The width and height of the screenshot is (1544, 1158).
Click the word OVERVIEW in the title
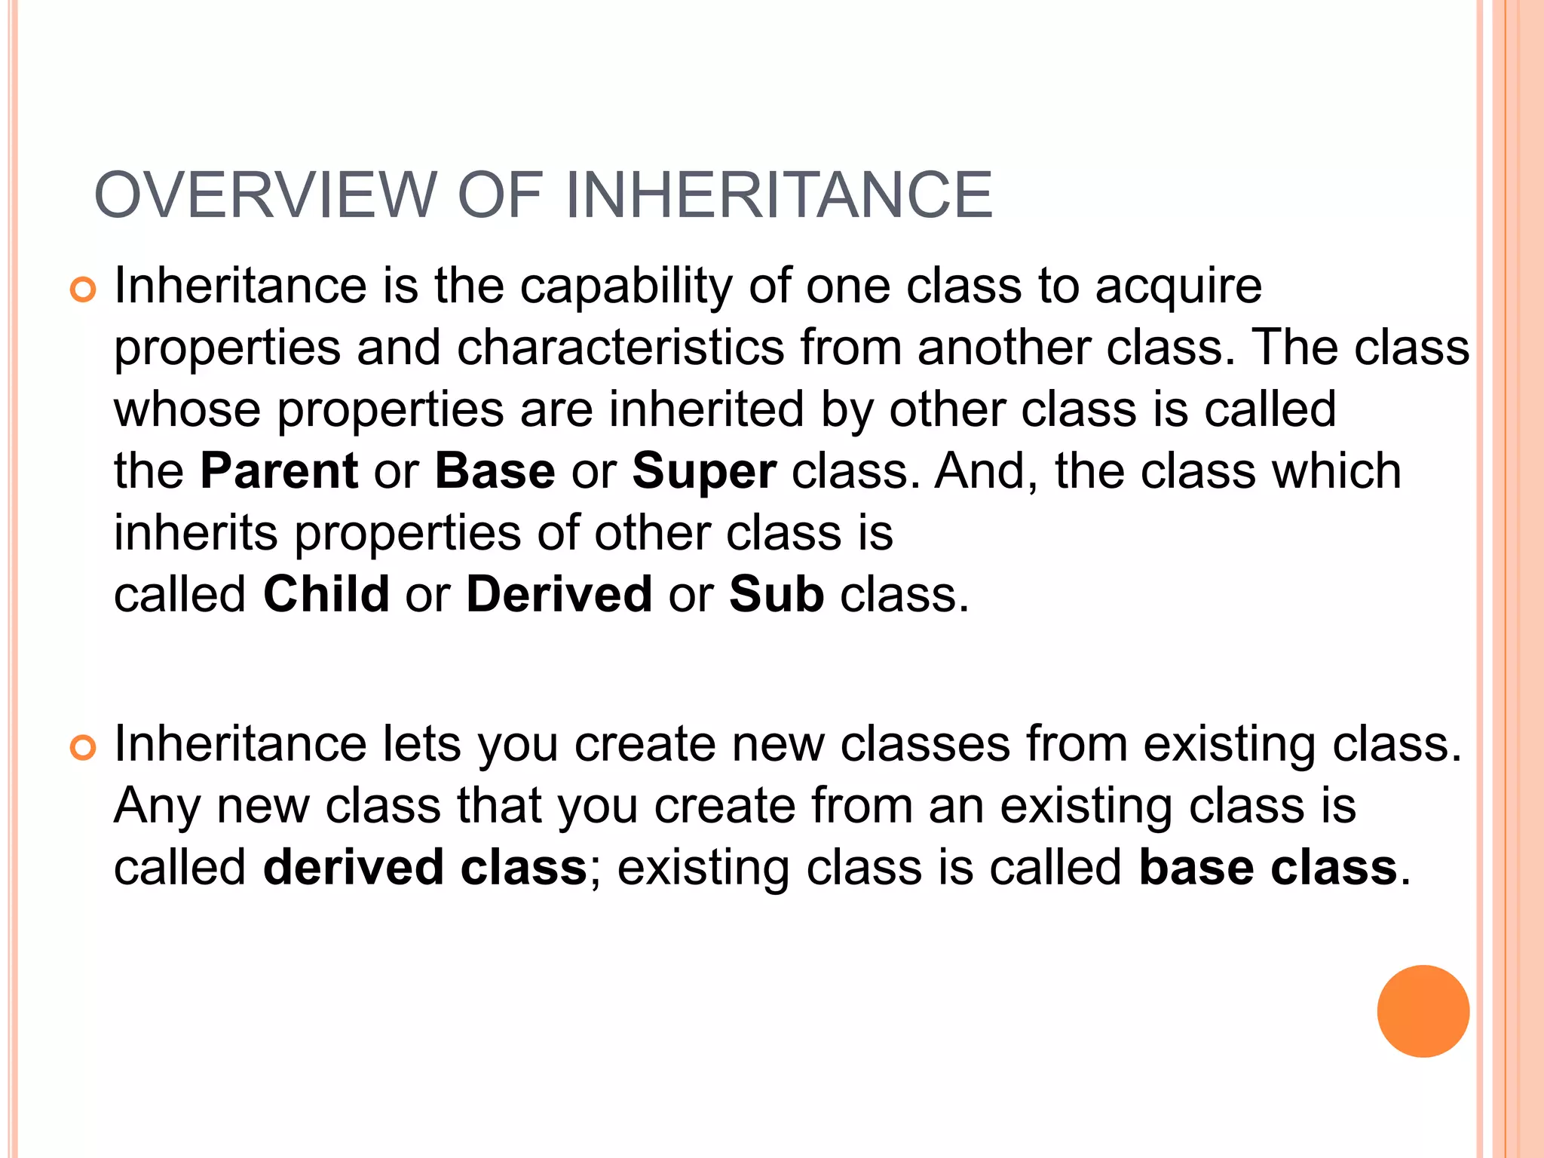[x=265, y=195]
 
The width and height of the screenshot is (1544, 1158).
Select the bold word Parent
[x=279, y=471]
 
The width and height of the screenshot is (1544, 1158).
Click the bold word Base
[x=495, y=471]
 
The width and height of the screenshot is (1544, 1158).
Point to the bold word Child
[x=326, y=594]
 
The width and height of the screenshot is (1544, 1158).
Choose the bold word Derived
[x=559, y=594]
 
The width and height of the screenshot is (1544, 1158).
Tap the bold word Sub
[x=777, y=594]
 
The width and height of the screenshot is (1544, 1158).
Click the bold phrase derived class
[x=425, y=867]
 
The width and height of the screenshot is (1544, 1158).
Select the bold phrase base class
[x=1268, y=867]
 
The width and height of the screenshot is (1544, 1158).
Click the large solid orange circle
[x=1423, y=1011]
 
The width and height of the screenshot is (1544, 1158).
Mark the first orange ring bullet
[x=83, y=290]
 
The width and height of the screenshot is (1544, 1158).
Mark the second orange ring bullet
[x=83, y=748]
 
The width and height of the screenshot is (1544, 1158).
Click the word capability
[x=626, y=287]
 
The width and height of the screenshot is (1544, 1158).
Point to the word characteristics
[x=620, y=348]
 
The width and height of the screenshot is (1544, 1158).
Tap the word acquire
[x=1178, y=287]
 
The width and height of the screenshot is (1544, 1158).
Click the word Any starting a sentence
[x=157, y=807]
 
